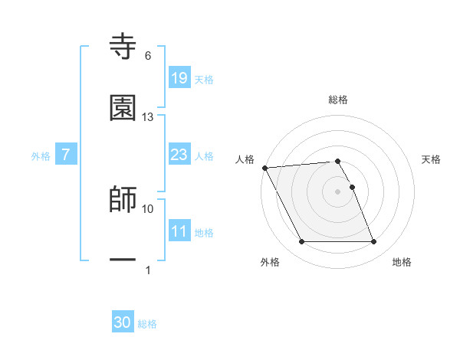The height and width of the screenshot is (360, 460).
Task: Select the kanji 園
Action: coord(123,108)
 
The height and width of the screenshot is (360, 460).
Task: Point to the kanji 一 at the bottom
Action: coord(123,260)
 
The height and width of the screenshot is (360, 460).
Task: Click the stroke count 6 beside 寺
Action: coord(148,56)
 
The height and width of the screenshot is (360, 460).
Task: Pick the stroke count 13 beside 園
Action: coord(148,116)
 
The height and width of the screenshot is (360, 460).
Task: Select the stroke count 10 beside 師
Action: coord(148,208)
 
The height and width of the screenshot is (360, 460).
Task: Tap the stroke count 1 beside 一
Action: coord(148,270)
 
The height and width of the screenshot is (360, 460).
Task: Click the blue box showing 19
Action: coord(179,77)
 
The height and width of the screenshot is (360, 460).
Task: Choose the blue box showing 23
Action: coord(179,155)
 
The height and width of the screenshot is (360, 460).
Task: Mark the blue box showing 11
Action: coord(179,231)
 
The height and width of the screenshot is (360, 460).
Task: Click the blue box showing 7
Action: coord(66,155)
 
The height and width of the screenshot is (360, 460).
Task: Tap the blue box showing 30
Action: coord(123,322)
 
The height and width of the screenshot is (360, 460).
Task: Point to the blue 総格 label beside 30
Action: coord(148,324)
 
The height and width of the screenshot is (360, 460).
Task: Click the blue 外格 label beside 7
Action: coord(41,156)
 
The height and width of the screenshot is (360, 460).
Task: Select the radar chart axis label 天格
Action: coord(432,159)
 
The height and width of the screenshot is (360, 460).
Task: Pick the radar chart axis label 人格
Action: coord(245,159)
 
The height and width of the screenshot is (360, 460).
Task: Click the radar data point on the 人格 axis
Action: coord(265,168)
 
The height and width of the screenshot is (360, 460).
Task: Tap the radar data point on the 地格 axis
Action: coord(373,242)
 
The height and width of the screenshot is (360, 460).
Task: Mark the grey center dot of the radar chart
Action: coord(337,191)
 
